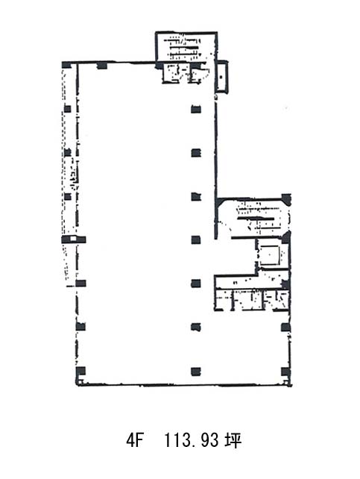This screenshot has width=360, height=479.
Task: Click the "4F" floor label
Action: tap(135, 440)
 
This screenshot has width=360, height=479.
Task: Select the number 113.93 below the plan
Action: tap(192, 440)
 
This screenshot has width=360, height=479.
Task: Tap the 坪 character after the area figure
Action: tap(233, 440)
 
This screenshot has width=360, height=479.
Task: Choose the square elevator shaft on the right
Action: tap(269, 254)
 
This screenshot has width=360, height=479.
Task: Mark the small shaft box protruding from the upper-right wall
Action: tap(221, 76)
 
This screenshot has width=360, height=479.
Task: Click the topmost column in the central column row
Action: tap(196, 109)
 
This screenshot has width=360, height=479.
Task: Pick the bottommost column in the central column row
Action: tap(196, 372)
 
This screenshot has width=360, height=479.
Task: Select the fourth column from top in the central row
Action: tap(196, 239)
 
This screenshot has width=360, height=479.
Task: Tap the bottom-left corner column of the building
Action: tap(80, 372)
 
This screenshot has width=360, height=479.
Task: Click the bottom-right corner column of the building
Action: tap(285, 372)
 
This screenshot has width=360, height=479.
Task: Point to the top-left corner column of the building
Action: tap(66, 65)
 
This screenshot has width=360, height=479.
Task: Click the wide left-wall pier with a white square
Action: tap(74, 239)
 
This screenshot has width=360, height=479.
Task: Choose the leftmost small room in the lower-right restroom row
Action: tap(224, 300)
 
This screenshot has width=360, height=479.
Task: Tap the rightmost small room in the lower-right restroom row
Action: tap(276, 299)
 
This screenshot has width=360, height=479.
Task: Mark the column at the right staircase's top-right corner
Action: tap(286, 199)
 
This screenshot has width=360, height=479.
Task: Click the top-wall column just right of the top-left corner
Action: tap(101, 66)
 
